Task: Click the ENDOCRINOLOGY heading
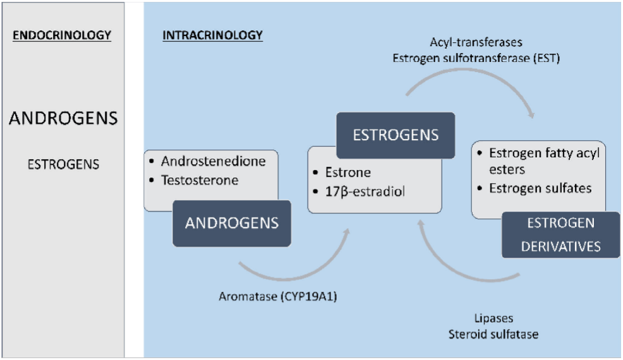tap(62, 35)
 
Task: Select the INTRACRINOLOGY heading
tap(212, 35)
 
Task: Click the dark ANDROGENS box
tap(232, 223)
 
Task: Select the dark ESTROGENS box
tap(396, 135)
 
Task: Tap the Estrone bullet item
tap(346, 171)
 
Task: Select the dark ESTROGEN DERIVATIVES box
tap(560, 235)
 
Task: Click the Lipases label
tap(493, 318)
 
